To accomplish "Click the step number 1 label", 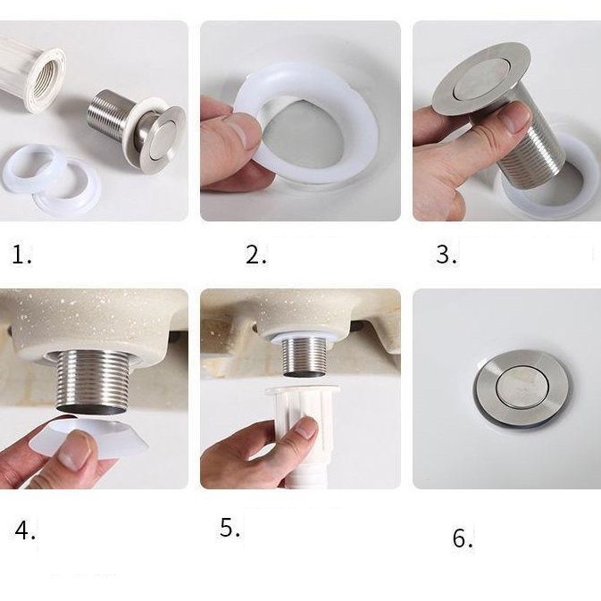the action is pos(21,255).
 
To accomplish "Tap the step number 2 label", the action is pos(256,255).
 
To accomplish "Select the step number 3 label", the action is pos(447,255).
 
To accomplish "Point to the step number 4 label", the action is pos(25,530).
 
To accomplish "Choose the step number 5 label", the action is pos(230,528).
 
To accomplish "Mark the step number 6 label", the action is pos(463,538).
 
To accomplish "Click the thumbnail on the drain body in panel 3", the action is pos(515,117).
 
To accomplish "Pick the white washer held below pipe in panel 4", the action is pos(89,437).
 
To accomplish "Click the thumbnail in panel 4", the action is pos(75,451).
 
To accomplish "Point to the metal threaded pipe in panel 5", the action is pos(305,356).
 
